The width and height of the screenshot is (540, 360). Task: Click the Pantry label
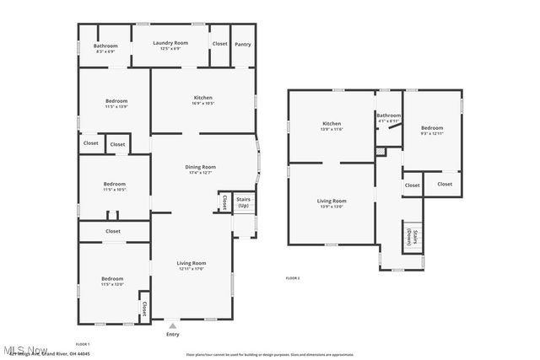click(x=242, y=44)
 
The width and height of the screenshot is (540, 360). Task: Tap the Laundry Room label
click(x=170, y=45)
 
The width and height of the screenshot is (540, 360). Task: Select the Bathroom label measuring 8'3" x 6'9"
click(x=105, y=48)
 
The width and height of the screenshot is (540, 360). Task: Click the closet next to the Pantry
click(x=219, y=44)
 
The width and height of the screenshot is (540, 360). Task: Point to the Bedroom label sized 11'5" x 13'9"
click(x=115, y=103)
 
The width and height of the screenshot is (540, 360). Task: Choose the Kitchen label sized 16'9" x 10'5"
click(x=202, y=100)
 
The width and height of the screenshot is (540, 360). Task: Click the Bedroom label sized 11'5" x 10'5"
click(x=114, y=186)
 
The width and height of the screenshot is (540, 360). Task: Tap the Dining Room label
click(x=201, y=169)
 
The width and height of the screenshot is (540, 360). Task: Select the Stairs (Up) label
click(x=243, y=202)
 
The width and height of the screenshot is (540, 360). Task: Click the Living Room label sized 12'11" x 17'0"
click(x=192, y=266)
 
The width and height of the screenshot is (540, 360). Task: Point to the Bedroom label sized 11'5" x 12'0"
click(x=112, y=281)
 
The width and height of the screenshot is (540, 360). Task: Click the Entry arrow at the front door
click(x=173, y=325)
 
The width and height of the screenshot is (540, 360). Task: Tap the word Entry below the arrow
click(x=173, y=335)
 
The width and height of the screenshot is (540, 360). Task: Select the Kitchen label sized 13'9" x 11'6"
click(x=331, y=126)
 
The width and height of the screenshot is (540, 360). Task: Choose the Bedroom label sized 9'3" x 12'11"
click(x=431, y=130)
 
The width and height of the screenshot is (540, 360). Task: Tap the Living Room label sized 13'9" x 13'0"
click(x=332, y=202)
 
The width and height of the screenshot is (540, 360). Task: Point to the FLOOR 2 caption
click(x=293, y=277)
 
